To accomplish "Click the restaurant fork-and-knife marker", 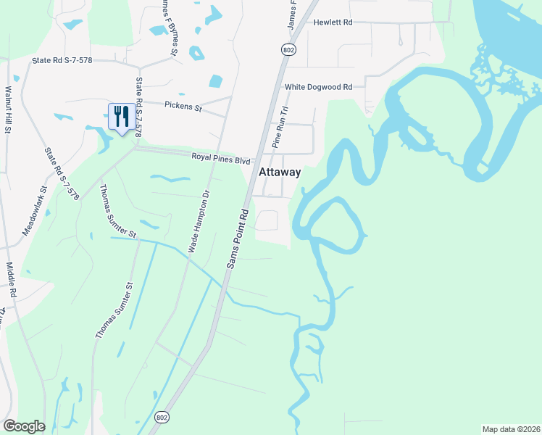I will (120, 116).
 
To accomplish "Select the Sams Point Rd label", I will (238, 239).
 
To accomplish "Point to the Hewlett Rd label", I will (333, 22).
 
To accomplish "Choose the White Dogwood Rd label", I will (318, 87).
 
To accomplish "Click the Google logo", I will (24, 426).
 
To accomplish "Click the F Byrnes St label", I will (170, 25).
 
